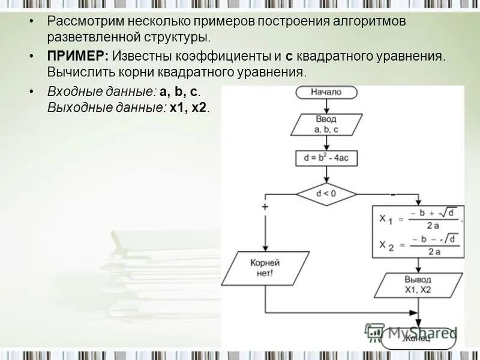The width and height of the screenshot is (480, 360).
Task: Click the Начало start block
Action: [326, 92]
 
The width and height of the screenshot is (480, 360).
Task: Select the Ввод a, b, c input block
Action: [326, 124]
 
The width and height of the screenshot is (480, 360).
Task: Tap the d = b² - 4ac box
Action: [326, 158]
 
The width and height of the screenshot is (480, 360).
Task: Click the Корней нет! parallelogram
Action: [265, 268]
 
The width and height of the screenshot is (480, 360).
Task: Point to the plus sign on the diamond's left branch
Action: [265, 206]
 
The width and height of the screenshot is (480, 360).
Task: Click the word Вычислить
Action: [76, 72]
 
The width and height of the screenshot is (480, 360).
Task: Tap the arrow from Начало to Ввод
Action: [326, 106]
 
